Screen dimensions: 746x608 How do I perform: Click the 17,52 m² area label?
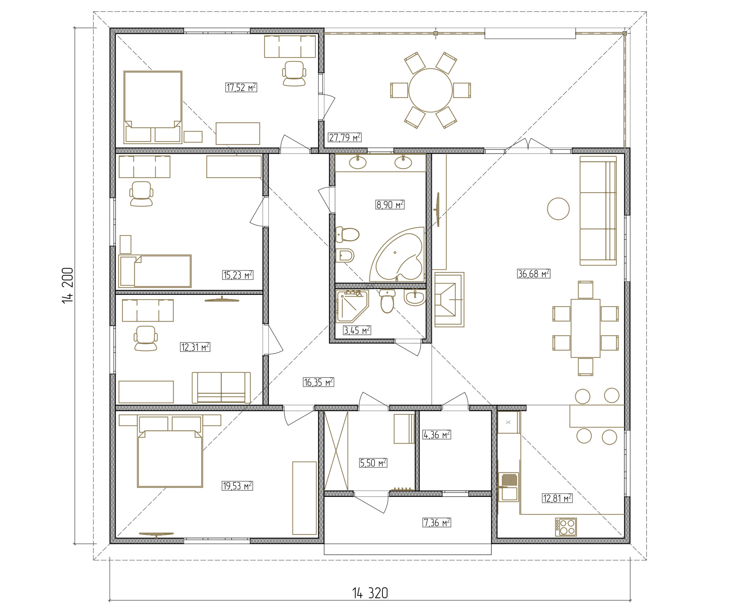(x=241, y=87)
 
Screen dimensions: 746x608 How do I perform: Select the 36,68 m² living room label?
(x=533, y=274)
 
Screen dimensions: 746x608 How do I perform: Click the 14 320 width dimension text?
(x=370, y=584)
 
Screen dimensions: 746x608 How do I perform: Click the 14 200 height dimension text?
(x=68, y=286)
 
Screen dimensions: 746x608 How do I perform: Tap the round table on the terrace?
(x=430, y=90)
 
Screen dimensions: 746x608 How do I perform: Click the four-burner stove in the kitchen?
(x=566, y=527)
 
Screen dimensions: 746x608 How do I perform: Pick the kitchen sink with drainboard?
(x=509, y=487)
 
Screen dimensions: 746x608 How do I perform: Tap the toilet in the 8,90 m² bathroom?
(x=347, y=234)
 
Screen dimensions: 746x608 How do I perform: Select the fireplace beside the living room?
(x=449, y=299)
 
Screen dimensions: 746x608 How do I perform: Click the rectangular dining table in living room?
(x=585, y=328)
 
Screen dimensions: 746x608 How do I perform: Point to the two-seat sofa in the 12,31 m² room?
(x=221, y=387)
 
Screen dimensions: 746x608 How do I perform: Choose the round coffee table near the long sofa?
(x=558, y=209)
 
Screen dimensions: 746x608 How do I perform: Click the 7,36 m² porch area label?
(x=437, y=523)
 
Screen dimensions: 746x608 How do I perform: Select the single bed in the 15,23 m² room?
(x=155, y=271)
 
